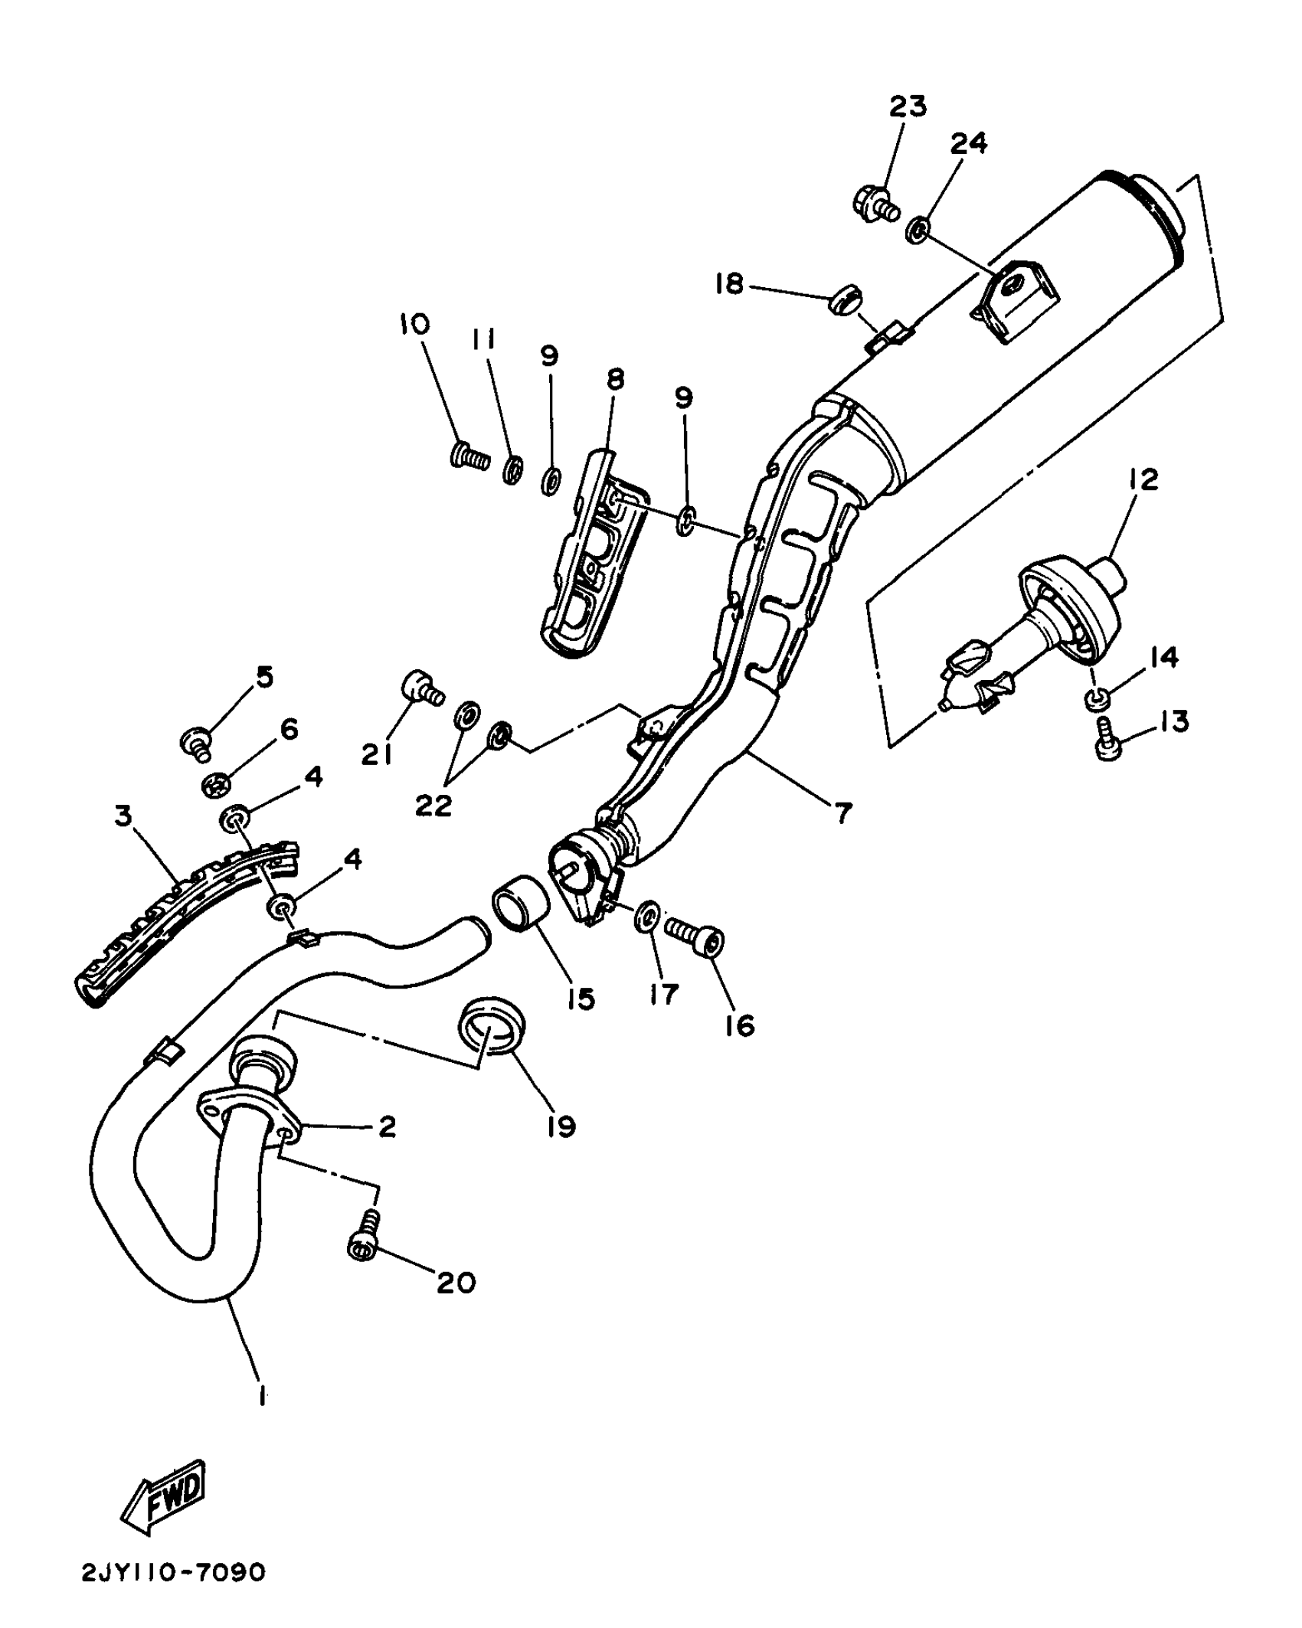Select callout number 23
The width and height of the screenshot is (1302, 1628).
[x=908, y=106]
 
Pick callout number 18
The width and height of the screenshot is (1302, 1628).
[x=729, y=285]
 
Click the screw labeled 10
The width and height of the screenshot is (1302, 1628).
[x=468, y=458]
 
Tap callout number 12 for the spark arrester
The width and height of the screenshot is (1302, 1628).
[x=1142, y=480]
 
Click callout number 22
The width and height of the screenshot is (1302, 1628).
[x=433, y=804]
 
